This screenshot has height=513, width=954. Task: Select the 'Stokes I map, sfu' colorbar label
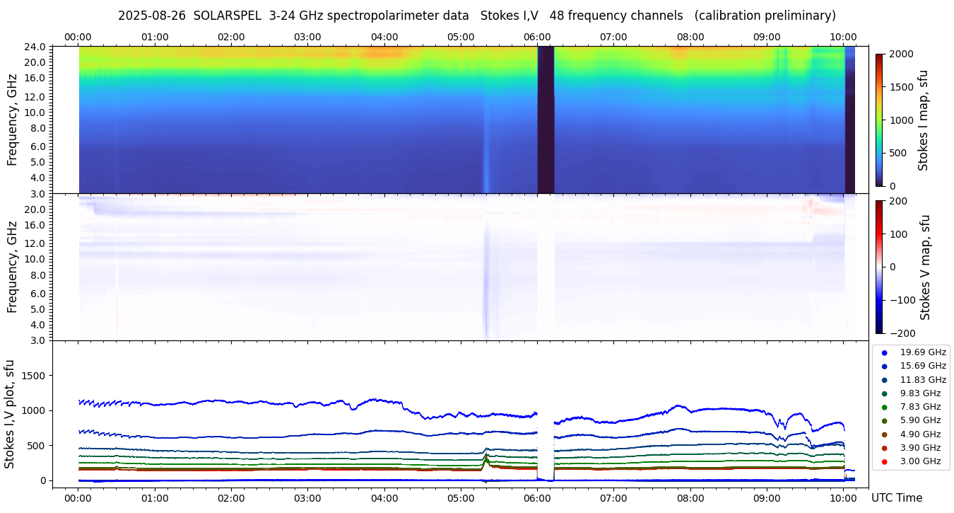pos(923,120)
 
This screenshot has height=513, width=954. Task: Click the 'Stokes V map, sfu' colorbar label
pos(925,267)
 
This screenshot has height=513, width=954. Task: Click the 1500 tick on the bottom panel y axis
pos(35,376)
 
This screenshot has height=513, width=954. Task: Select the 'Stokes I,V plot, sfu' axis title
pos(10,414)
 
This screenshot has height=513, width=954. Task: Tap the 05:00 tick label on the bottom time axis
pos(461,498)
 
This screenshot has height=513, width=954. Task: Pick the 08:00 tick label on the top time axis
pos(690,37)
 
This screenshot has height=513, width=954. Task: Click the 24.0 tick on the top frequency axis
pos(36,47)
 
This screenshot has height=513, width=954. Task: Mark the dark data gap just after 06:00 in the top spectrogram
pos(546,120)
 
